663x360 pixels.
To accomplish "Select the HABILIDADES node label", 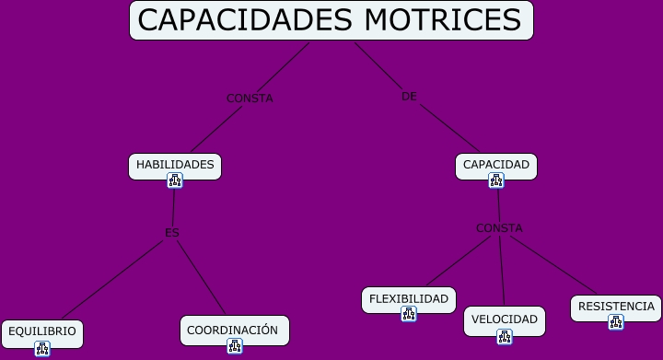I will (175, 165).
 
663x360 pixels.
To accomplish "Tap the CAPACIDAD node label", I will (496, 165).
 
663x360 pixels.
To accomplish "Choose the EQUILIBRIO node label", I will (42, 331).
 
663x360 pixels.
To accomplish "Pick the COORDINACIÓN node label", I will (232, 330).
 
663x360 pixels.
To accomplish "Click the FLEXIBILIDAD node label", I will (409, 299).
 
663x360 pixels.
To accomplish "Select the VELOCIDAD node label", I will (505, 319).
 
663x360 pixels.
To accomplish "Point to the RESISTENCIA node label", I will (616, 307).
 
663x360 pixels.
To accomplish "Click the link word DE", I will (410, 97).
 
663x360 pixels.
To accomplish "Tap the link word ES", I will (172, 233).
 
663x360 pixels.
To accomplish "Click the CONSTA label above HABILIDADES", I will (250, 99).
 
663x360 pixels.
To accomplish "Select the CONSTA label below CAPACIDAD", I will (499, 228).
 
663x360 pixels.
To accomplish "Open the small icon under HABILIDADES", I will (175, 180).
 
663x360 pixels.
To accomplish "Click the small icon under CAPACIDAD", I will (496, 180).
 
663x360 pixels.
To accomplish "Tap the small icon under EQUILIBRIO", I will (42, 348).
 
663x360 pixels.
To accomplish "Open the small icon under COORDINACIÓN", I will (235, 346).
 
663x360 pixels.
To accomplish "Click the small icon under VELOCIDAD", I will (505, 337).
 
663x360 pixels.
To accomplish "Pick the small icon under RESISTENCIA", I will (616, 322).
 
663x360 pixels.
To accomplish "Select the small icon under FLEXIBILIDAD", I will (409, 314).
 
